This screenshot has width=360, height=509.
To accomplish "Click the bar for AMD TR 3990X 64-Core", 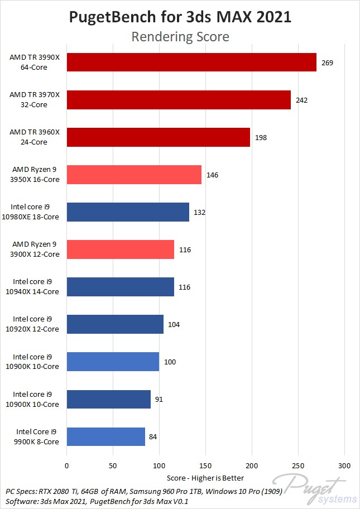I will pos(191,63).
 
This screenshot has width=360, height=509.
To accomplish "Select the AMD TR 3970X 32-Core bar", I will pos(179,100).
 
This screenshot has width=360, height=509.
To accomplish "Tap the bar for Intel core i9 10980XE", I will pos(128,212).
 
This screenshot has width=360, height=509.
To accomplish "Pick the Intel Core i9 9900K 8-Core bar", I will pos(105,436).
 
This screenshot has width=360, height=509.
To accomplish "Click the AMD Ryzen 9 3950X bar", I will pos(134,175).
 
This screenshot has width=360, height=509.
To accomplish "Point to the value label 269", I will pos(327,63).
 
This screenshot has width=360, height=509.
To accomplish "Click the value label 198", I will pos(261,137).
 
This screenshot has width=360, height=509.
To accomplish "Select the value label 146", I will pos(212,175).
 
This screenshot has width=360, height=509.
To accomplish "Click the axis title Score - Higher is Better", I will pos(205,478).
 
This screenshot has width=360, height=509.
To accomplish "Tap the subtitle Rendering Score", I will pos(180,37).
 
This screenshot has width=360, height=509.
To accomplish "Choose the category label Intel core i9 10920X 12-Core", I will pos(36,324).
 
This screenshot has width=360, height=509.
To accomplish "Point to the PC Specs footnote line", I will pos(134,491).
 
